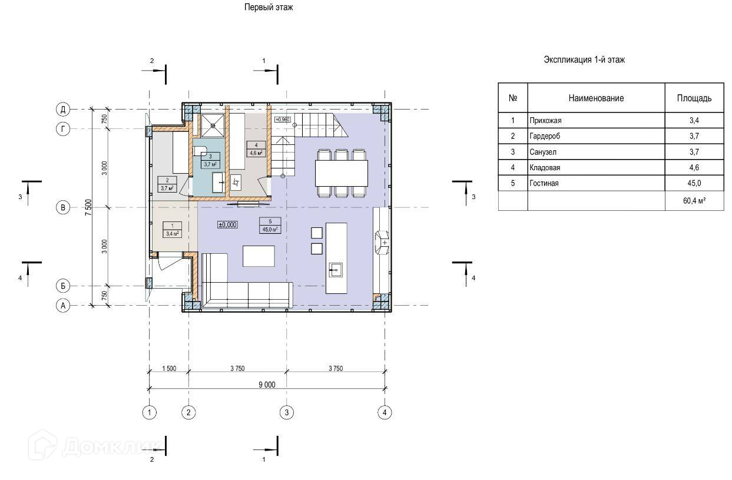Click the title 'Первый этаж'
[x=269, y=7]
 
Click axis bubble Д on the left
[x=63, y=109]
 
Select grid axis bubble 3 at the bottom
[x=287, y=412]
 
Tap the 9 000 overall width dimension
[x=267, y=385]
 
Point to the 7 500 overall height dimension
[x=88, y=207]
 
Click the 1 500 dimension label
[x=169, y=369]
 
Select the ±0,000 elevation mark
[x=227, y=224]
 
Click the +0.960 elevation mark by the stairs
[x=283, y=120]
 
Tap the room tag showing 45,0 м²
[x=270, y=226]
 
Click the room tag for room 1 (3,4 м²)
[x=172, y=230]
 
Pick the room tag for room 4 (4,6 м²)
[x=256, y=149]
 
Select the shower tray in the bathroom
[x=213, y=125]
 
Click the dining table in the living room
[x=342, y=173]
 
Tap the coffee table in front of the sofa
[x=259, y=256]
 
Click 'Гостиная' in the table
[x=544, y=183]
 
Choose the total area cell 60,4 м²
[x=694, y=201]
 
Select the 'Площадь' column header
[x=694, y=98]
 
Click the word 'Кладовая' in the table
[x=545, y=168]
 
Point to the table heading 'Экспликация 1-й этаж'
[x=584, y=60]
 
